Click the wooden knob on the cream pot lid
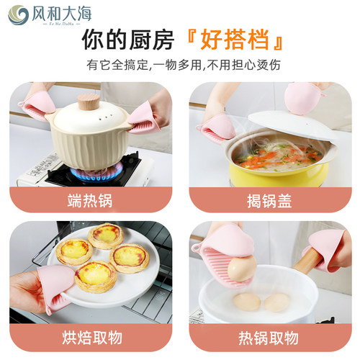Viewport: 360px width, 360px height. pyautogui.click(x=88, y=101)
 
